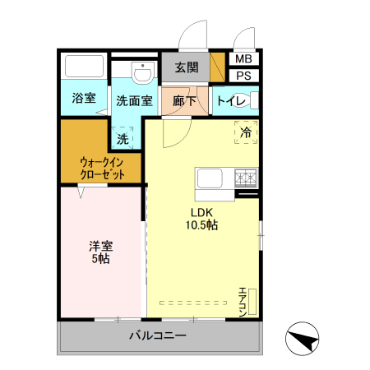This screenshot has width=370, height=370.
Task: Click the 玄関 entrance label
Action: tap(186, 68)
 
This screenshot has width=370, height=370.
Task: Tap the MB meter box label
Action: tap(243, 59)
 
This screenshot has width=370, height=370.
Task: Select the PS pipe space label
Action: tap(243, 76)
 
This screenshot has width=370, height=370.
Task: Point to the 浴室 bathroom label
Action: tap(83, 99)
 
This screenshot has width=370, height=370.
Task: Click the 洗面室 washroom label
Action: tap(133, 101)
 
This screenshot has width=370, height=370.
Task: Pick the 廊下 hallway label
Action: tap(184, 101)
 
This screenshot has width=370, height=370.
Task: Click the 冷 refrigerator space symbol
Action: tap(245, 131)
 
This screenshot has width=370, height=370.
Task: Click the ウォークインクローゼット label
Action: tap(103, 168)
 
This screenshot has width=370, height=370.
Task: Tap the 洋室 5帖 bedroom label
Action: tap(100, 252)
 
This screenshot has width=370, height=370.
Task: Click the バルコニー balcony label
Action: tap(158, 336)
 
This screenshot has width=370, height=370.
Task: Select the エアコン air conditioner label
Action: tap(243, 302)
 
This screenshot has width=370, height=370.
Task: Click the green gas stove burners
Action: tap(247, 177)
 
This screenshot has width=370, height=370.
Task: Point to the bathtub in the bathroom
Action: tap(83, 67)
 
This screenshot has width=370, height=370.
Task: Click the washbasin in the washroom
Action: tap(141, 72)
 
